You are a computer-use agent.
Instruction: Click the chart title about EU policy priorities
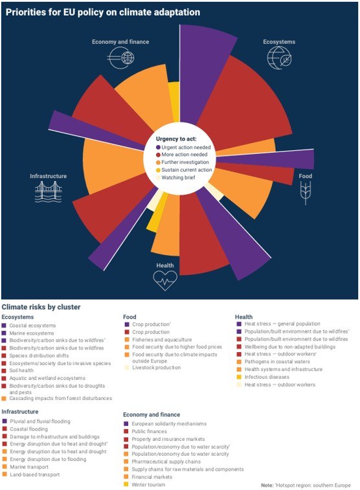point(103,12)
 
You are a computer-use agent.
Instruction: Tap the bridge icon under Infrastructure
point(49,192)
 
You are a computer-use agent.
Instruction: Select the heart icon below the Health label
point(165,280)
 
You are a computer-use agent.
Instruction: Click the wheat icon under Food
point(306,193)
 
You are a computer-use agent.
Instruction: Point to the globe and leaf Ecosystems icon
point(279,58)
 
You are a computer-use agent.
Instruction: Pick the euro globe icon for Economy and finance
point(120,58)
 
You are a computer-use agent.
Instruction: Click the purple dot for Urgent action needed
point(158,147)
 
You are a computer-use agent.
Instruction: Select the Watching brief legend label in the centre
point(178,177)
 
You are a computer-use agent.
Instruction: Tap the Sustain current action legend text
point(186,170)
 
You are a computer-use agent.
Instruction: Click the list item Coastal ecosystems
point(32,326)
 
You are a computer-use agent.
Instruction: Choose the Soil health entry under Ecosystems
point(21,371)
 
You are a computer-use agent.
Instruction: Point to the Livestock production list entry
point(156,368)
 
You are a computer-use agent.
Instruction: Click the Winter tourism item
point(148,485)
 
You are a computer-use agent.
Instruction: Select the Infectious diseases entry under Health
point(267,377)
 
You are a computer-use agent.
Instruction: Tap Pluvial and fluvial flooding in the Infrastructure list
point(40,421)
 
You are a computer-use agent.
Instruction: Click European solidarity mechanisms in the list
point(169,424)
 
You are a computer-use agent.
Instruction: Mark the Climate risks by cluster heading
point(41,307)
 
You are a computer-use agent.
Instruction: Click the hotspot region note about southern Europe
point(306,485)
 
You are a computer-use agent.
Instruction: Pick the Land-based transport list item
point(35,474)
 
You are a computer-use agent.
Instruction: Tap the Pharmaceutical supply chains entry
point(166,462)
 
